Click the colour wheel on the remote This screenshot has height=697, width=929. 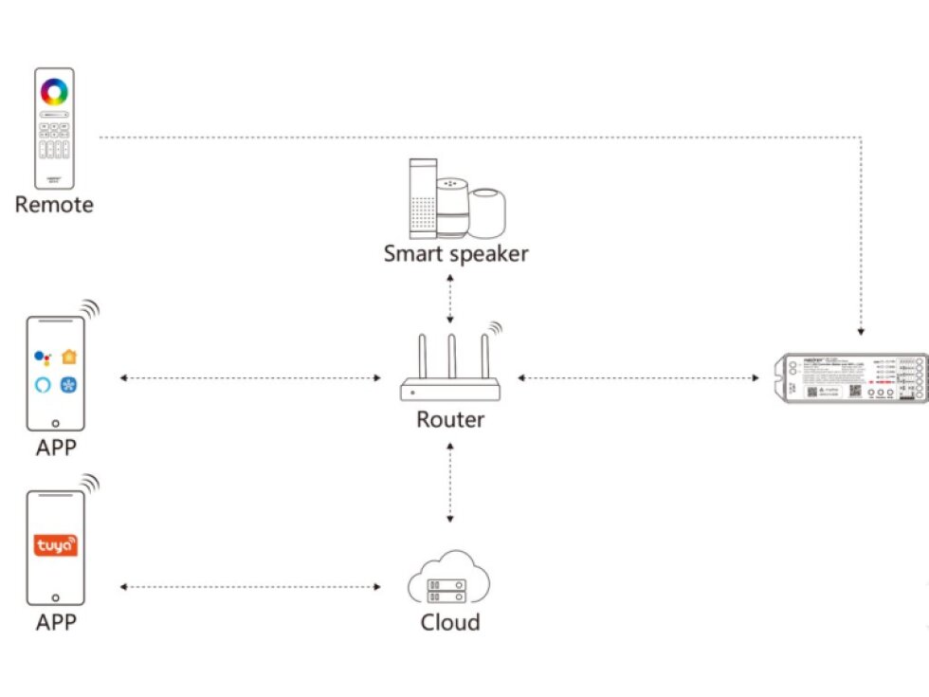[54, 92]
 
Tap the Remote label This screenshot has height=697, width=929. [54, 204]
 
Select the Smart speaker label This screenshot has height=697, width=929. [456, 253]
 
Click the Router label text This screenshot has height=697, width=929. [450, 418]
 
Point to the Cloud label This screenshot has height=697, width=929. [450, 622]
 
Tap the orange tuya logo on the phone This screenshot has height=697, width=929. [56, 546]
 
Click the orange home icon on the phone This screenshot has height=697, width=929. [69, 357]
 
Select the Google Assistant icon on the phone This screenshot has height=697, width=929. [42, 357]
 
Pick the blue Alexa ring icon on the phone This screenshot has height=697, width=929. [42, 385]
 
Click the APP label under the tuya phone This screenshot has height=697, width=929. [56, 622]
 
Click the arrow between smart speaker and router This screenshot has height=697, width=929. [450, 298]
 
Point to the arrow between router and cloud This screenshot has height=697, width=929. [450, 483]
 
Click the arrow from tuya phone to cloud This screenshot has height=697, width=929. [250, 587]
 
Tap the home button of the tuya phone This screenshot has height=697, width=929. [56, 597]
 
